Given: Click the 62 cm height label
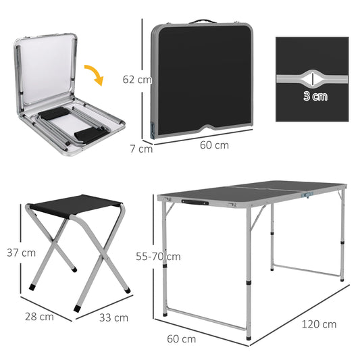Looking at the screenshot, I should pos(136,79).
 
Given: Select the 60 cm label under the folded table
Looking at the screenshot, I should pos(214,145).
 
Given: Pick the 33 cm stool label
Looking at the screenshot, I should pos(113,317).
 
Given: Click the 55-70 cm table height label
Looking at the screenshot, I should pos(157,257).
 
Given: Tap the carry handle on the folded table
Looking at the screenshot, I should pos(201,21).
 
